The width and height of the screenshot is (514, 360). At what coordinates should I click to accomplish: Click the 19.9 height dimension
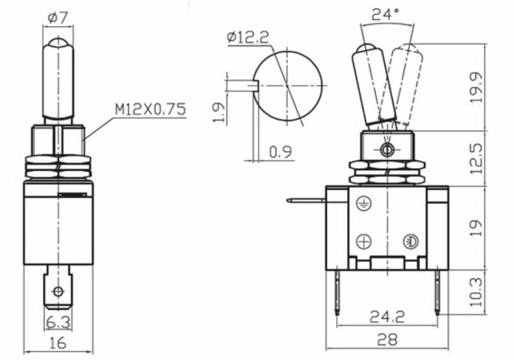pyautogui.click(x=476, y=87)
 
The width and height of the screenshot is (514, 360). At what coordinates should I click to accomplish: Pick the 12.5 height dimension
pyautogui.click(x=476, y=158)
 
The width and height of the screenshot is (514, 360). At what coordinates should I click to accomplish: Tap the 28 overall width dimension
pyautogui.click(x=387, y=340)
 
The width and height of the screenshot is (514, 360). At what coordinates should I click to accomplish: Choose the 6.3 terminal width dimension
pyautogui.click(x=58, y=322)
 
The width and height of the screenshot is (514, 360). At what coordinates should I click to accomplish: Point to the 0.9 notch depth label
pyautogui.click(x=281, y=152)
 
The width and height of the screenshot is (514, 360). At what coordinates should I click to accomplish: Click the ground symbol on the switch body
pyautogui.click(x=364, y=203)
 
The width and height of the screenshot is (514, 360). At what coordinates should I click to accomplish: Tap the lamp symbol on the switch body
pyautogui.click(x=410, y=241)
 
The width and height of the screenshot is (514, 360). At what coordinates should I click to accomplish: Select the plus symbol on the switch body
pyautogui.click(x=364, y=242)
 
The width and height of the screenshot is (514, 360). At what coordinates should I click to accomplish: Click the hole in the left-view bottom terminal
pyautogui.click(x=58, y=292)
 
